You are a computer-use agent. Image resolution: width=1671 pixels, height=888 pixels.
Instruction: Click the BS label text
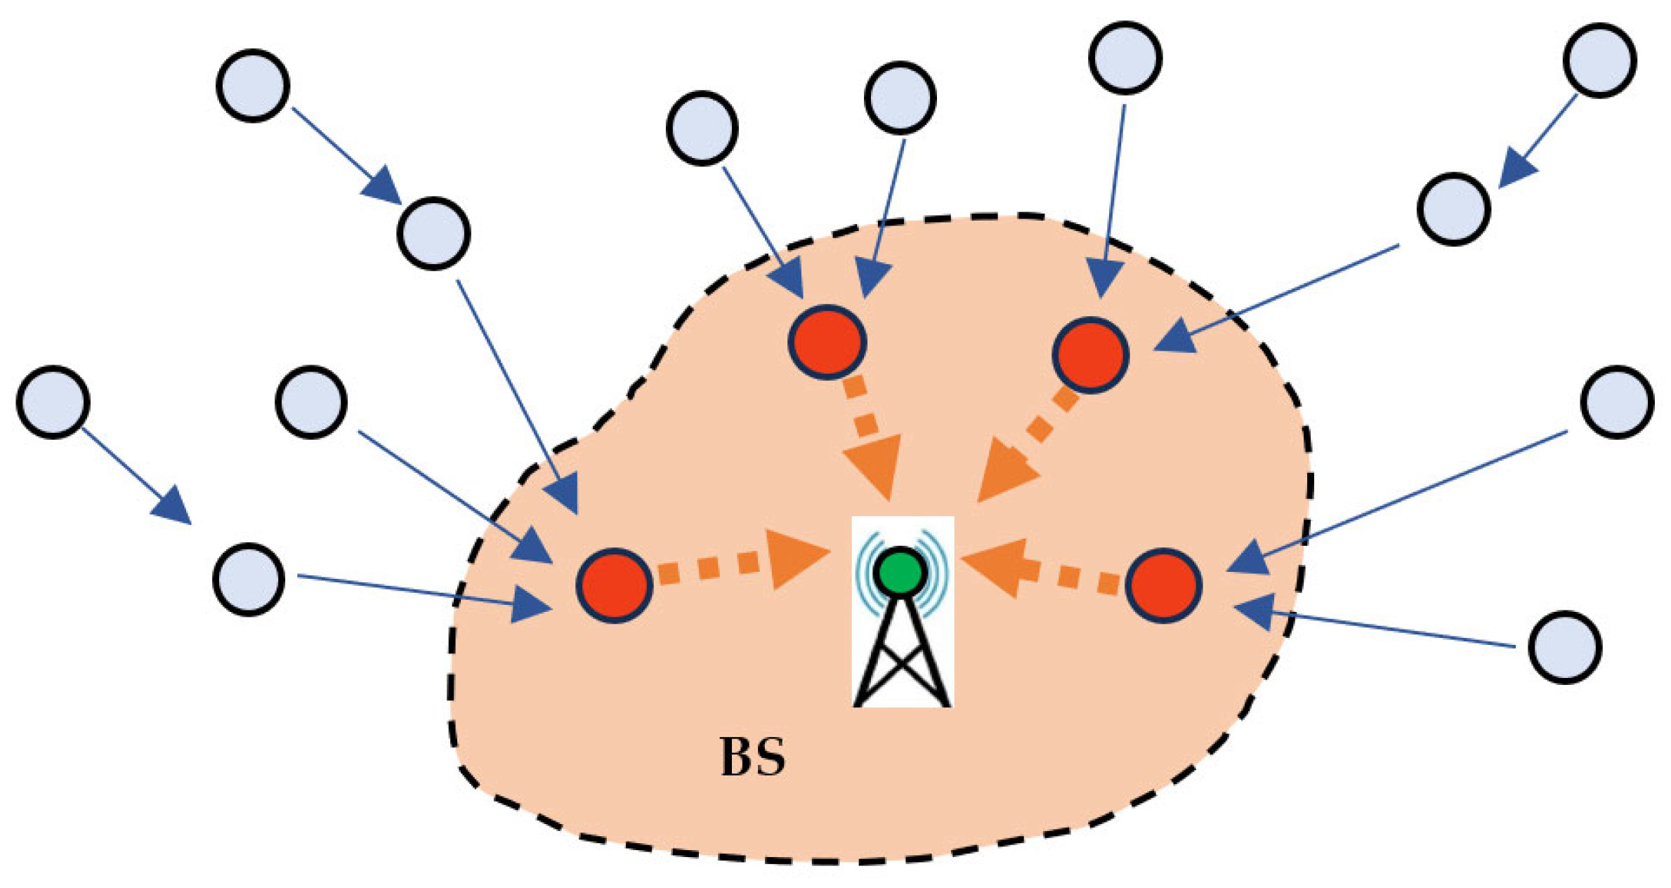click(x=752, y=757)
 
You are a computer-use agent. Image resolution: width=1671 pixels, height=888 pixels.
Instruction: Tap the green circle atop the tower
click(x=900, y=571)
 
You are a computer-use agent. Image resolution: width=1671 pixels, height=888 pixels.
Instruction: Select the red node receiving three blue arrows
click(x=614, y=585)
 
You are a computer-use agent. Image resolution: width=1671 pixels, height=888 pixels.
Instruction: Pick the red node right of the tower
click(x=1163, y=585)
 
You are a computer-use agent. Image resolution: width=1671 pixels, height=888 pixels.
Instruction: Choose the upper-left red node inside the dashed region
click(x=827, y=342)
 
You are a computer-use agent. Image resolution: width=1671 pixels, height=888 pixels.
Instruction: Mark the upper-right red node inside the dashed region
click(x=1090, y=354)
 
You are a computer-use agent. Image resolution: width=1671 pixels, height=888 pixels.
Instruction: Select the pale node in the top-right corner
click(x=1600, y=60)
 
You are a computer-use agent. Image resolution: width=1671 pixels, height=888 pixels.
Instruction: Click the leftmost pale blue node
click(x=53, y=402)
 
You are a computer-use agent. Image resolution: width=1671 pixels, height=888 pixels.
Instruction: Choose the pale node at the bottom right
click(x=1564, y=646)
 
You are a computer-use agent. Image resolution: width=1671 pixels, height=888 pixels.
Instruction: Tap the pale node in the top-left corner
click(x=253, y=85)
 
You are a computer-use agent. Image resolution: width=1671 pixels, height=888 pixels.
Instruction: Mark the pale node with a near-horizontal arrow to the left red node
click(x=249, y=579)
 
